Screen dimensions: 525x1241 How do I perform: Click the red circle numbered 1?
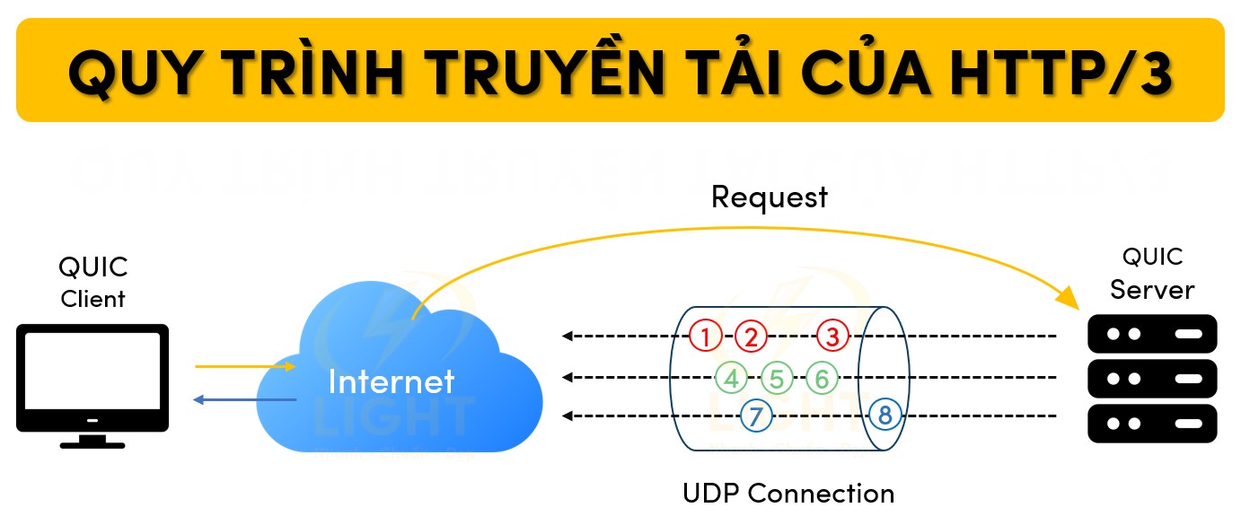pos(706,337)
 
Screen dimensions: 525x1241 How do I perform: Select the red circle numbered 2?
pos(751,337)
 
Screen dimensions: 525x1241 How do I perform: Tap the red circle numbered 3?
pos(832,337)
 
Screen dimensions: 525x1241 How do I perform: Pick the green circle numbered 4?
pos(732,378)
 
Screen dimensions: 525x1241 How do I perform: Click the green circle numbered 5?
pos(777,378)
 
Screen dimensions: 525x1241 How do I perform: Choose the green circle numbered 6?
pos(821,378)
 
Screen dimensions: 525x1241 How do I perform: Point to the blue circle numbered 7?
pos(756,416)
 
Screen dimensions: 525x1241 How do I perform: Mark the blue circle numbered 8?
pos(885,416)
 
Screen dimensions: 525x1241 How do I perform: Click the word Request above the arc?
pos(769,197)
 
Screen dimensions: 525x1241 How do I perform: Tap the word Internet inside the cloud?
pos(392,381)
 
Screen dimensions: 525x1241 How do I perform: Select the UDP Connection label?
pos(788,494)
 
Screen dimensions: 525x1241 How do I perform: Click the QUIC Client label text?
pos(92,283)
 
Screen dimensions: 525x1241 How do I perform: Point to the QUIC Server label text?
pos(1152,274)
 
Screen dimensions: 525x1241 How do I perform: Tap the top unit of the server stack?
pos(1152,334)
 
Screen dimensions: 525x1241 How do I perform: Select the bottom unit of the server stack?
pos(1152,423)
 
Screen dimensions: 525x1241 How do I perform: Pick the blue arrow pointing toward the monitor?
pos(244,399)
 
